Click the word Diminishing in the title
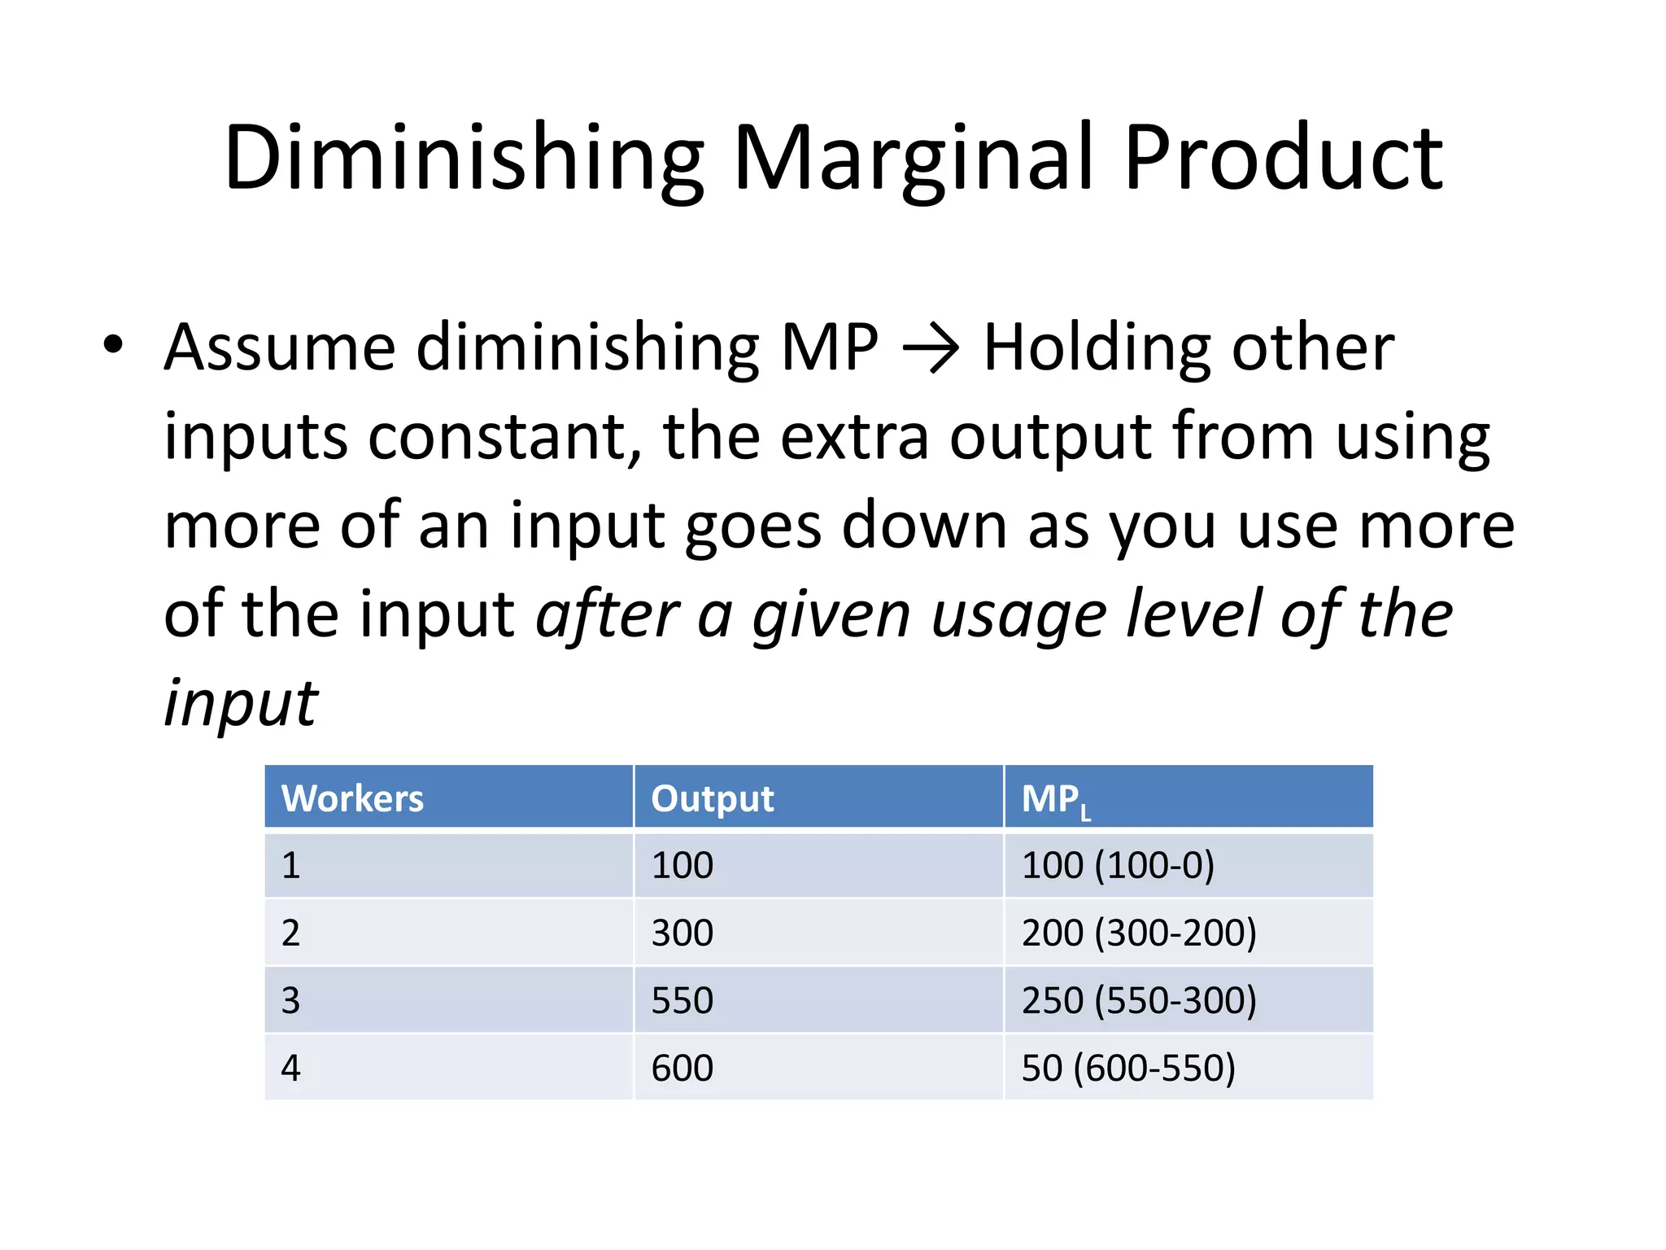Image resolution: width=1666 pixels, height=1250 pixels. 464,159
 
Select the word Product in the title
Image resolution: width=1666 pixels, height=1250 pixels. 1283,159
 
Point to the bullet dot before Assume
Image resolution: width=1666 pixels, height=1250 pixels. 113,344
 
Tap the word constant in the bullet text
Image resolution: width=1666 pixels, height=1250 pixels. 505,437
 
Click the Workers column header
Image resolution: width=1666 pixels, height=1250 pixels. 352,798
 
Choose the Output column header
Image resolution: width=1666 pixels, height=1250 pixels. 713,798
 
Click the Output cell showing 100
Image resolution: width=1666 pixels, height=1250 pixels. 683,865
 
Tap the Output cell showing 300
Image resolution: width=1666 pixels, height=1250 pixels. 683,933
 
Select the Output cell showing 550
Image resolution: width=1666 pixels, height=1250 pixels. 683,1000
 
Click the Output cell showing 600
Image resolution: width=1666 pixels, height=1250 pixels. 683,1068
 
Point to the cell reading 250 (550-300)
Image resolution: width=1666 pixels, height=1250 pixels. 1139,1000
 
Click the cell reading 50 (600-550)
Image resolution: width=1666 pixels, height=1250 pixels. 1128,1068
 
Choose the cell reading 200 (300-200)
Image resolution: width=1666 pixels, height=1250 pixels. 1139,933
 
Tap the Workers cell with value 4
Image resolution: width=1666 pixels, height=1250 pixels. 290,1068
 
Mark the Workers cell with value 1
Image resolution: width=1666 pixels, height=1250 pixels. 290,865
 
